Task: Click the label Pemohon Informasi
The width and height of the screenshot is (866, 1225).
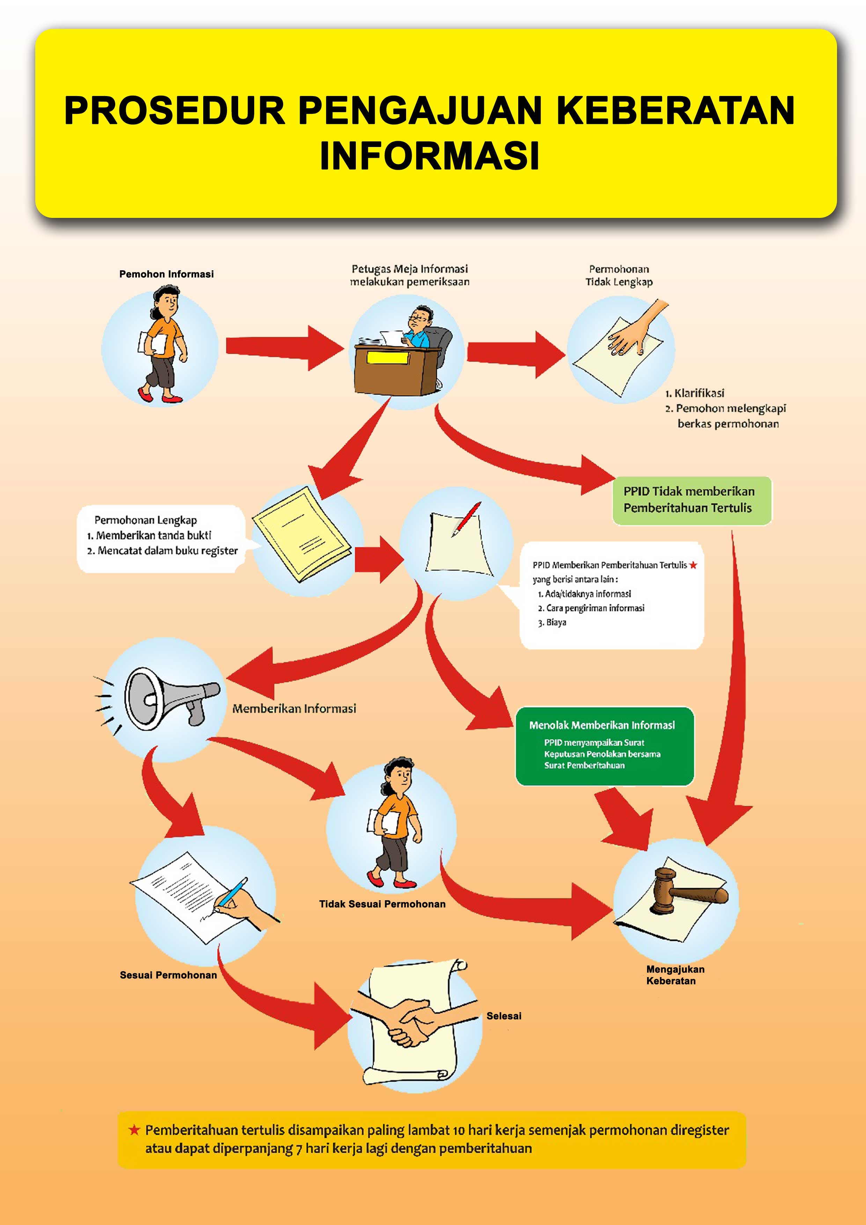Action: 167,274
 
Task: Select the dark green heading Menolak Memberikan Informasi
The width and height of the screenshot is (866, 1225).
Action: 602,725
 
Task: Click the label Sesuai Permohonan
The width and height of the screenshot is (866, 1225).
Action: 168,975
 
